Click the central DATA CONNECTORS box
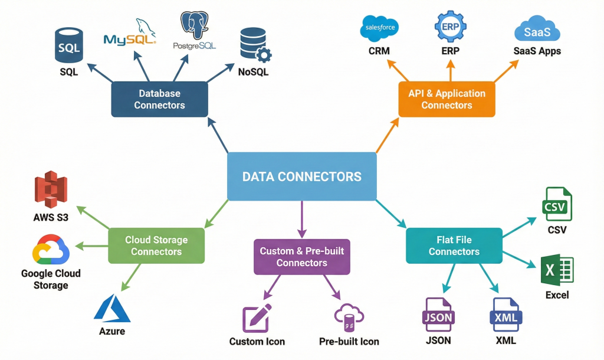(301, 176)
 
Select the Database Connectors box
(159, 99)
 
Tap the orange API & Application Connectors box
(447, 99)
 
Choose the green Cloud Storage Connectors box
(156, 246)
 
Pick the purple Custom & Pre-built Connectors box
(301, 257)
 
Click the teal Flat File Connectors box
(454, 246)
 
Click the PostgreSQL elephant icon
(195, 25)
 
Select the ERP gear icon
(450, 27)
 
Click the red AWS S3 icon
(51, 190)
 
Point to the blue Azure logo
(112, 308)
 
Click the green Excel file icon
(557, 270)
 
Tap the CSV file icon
(557, 205)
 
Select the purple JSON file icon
(438, 316)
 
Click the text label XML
(505, 341)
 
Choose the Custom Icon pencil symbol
(257, 318)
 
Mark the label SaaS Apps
(537, 51)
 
